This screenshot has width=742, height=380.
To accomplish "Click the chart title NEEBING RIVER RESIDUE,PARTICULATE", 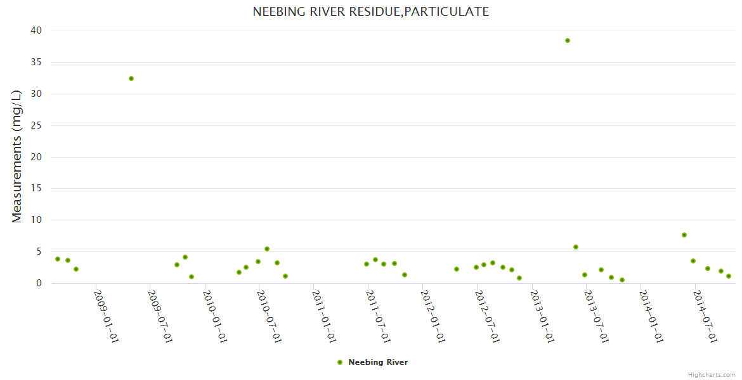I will point(370,11).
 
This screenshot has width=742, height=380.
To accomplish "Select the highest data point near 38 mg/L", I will point(568,41).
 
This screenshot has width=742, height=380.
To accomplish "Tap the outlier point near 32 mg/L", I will point(131,79).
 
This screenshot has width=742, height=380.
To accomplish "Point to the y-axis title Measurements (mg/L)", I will point(17,156).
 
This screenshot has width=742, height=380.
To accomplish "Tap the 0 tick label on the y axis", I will point(39,283).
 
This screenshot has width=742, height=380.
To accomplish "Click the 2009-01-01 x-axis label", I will point(107,317).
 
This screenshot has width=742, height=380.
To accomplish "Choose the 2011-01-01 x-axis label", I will point(324,317).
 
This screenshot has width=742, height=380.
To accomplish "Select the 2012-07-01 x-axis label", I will point(488,317).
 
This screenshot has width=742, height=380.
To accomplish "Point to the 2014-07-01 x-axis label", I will point(705,317).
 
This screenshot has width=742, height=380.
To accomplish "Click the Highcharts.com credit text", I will point(712,375).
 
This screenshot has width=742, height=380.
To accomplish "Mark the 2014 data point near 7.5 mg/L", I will point(684,235).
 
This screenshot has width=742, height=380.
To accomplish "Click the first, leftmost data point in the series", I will point(58,259).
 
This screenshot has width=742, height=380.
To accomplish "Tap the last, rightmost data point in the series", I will point(729,276).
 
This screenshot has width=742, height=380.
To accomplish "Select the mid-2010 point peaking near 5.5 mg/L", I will point(267,249).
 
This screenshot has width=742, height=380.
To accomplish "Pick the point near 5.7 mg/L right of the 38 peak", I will point(576,247).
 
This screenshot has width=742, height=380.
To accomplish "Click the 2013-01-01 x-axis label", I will point(542,317).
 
